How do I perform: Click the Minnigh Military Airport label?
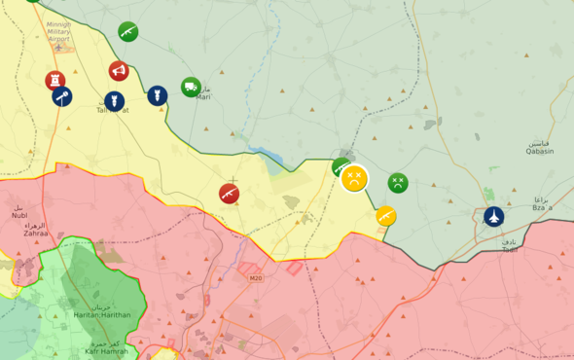65,31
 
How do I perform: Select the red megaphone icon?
119,71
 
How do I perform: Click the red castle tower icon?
55,80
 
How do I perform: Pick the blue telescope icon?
62,96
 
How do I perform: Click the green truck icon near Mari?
191,87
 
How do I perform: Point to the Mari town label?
203,95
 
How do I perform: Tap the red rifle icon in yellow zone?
229,194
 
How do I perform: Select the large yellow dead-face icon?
354,178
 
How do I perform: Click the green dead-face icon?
398,182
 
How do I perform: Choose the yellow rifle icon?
386,216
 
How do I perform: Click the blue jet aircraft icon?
494,216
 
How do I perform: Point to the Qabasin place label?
540,148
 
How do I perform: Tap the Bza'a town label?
542,204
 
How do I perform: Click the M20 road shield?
255,278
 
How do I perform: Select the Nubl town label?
18,213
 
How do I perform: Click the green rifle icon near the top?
127,32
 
